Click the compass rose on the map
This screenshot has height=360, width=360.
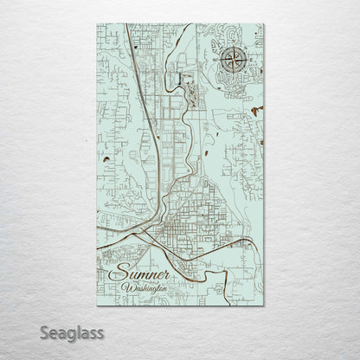232,60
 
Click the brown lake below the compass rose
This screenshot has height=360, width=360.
253,111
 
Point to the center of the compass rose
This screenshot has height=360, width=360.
232,60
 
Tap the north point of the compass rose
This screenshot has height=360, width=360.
232,47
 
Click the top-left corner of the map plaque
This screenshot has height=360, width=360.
93,23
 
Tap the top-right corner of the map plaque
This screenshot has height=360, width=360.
266,23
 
